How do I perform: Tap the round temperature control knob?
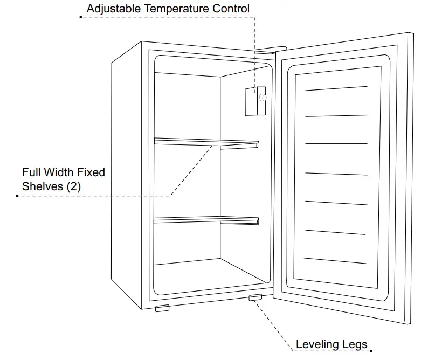[x=263, y=97]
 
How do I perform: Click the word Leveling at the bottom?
[x=317, y=344]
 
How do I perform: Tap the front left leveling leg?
[x=162, y=308]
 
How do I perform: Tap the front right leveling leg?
[x=255, y=297]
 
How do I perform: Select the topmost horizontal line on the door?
[x=336, y=88]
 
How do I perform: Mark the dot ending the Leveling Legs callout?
[x=371, y=351]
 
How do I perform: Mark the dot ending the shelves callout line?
[x=18, y=196]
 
